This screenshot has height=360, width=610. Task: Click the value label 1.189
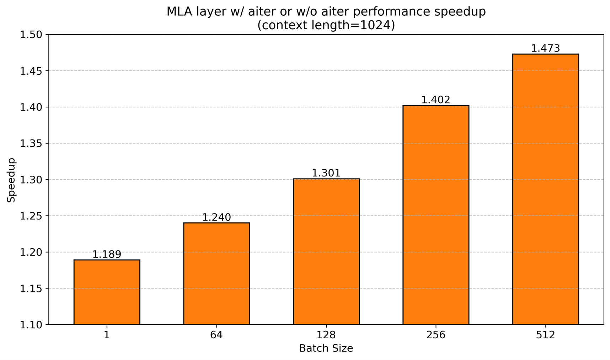tap(107, 255)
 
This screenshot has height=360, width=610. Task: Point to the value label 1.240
tap(216, 217)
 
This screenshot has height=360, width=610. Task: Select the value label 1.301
tap(326, 173)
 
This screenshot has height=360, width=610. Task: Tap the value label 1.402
tap(435, 100)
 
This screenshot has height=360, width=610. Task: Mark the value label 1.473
tap(545, 48)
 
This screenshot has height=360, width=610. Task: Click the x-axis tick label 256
tap(435, 335)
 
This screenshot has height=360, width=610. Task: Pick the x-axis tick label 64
tap(216, 335)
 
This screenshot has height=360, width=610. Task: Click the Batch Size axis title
tap(326, 349)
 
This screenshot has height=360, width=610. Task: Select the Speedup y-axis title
tap(11, 180)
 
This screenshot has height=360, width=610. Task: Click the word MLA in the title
tap(177, 12)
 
